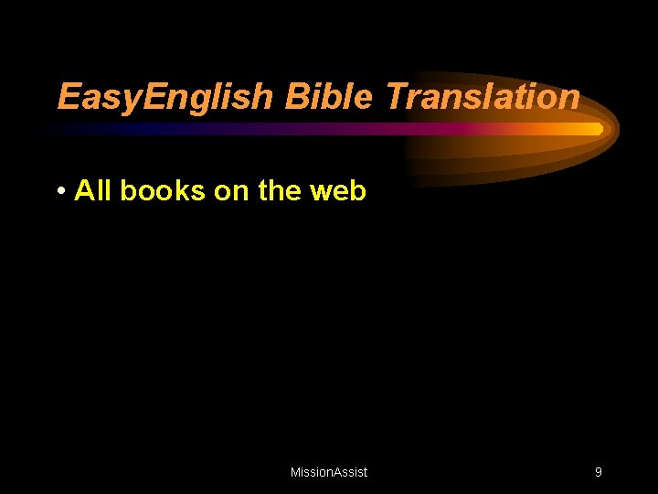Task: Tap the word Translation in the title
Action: [x=483, y=96]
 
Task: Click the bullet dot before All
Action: [x=59, y=191]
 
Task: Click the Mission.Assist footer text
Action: [x=329, y=472]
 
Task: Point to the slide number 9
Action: [x=598, y=472]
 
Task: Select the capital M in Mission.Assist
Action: [x=295, y=472]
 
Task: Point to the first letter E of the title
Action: [x=67, y=96]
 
